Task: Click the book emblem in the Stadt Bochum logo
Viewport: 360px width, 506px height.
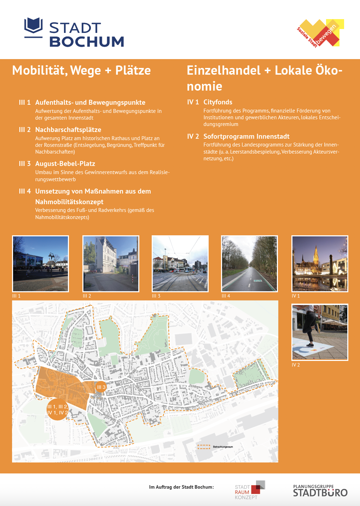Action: coord(33,27)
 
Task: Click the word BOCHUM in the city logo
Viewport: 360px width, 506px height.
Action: coord(87,42)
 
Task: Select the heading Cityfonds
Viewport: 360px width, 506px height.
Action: coord(217,102)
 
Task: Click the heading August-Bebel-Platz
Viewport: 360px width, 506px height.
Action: coord(65,164)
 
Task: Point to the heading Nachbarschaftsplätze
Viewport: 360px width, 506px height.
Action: coord(68,130)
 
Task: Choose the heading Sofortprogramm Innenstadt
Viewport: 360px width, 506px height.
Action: coord(246,137)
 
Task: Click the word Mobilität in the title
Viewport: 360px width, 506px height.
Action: coord(39,70)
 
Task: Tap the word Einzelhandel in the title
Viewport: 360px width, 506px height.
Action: coord(223,70)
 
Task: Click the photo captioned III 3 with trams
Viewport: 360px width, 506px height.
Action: coord(180,264)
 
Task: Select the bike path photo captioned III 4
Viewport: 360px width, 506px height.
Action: coord(249,264)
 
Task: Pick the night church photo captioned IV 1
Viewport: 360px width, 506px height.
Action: coord(320,264)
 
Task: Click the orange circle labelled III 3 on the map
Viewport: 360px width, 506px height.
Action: coord(101,387)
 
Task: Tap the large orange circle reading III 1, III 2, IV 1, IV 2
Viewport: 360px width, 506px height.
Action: coord(57,410)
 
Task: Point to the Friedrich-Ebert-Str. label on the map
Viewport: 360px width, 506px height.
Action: coord(67,373)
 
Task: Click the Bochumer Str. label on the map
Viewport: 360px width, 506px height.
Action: coord(205,402)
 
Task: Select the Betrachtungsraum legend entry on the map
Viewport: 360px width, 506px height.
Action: coord(215,447)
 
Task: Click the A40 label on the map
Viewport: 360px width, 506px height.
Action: coord(116,448)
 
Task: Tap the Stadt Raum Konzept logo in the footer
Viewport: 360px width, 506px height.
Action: coord(250,490)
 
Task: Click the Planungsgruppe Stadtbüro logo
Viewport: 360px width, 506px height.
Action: coord(320,491)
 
